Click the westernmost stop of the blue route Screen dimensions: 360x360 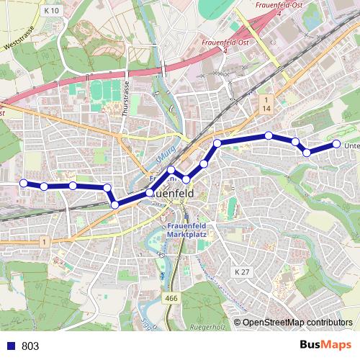pyautogui.click(x=23, y=183)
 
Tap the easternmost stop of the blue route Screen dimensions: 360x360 pyautogui.click(x=336, y=145)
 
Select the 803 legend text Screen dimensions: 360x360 pyautogui.click(x=30, y=346)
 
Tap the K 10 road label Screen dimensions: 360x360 pyautogui.click(x=50, y=11)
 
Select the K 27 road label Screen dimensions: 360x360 pyautogui.click(x=242, y=271)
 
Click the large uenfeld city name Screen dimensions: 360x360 pyautogui.click(x=174, y=194)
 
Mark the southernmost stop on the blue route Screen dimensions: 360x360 pyautogui.click(x=115, y=205)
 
